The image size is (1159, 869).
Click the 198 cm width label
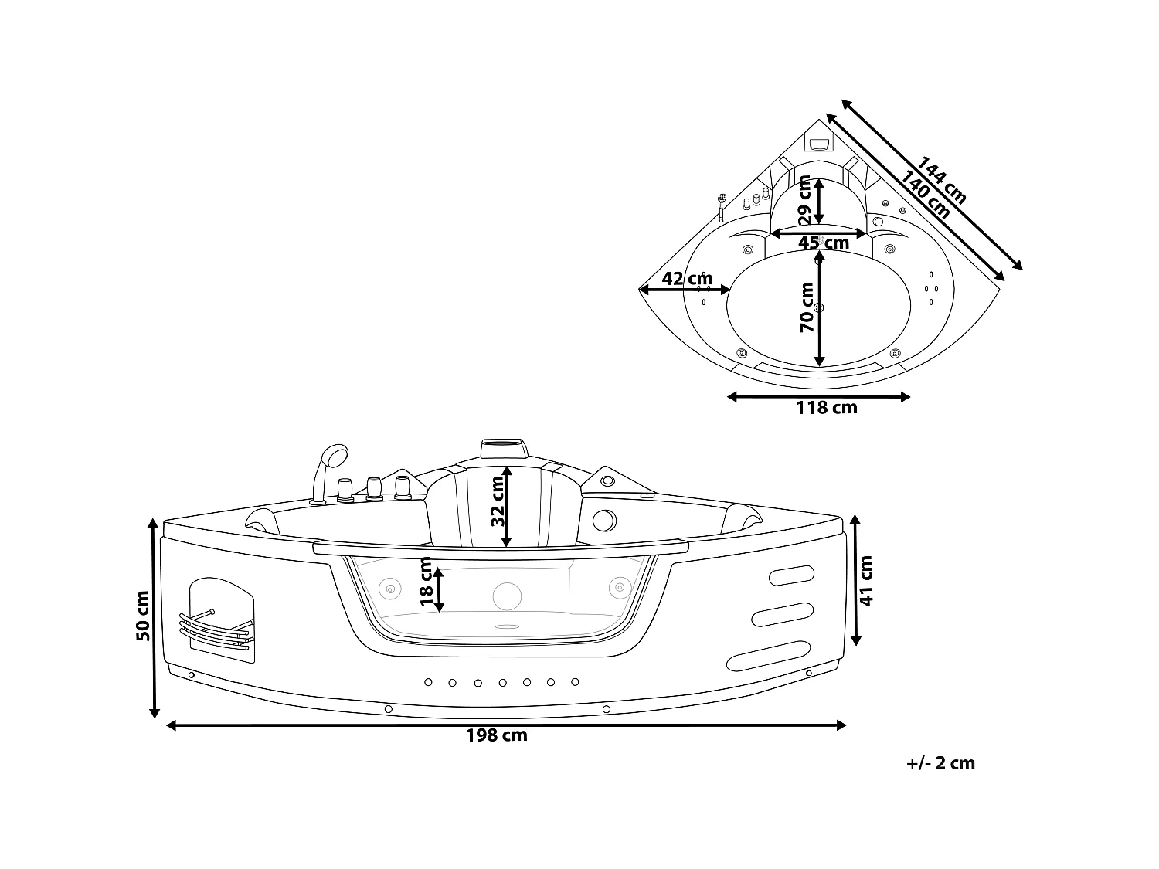point(496,735)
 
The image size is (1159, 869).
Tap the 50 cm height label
point(143,616)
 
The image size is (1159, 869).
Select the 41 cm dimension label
point(866,580)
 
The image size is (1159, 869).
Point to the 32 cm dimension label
point(498,501)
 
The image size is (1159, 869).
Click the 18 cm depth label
point(426,582)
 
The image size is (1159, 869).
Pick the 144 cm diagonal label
point(940,181)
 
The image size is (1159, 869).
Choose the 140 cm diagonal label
point(925,195)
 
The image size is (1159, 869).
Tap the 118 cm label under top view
point(826,408)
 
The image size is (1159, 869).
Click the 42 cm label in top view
point(687,279)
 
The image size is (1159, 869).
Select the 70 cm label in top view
point(807,307)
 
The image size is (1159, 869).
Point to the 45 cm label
point(823,243)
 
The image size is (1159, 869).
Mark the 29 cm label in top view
point(804,201)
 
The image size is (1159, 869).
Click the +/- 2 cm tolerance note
point(940,763)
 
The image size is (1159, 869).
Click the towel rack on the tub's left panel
point(216,630)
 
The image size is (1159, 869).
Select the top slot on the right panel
point(791,575)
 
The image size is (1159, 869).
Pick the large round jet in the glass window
point(507,596)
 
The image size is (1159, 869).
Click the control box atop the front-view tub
point(505,449)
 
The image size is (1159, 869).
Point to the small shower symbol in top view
point(721,207)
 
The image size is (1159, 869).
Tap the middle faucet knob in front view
point(375,489)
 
